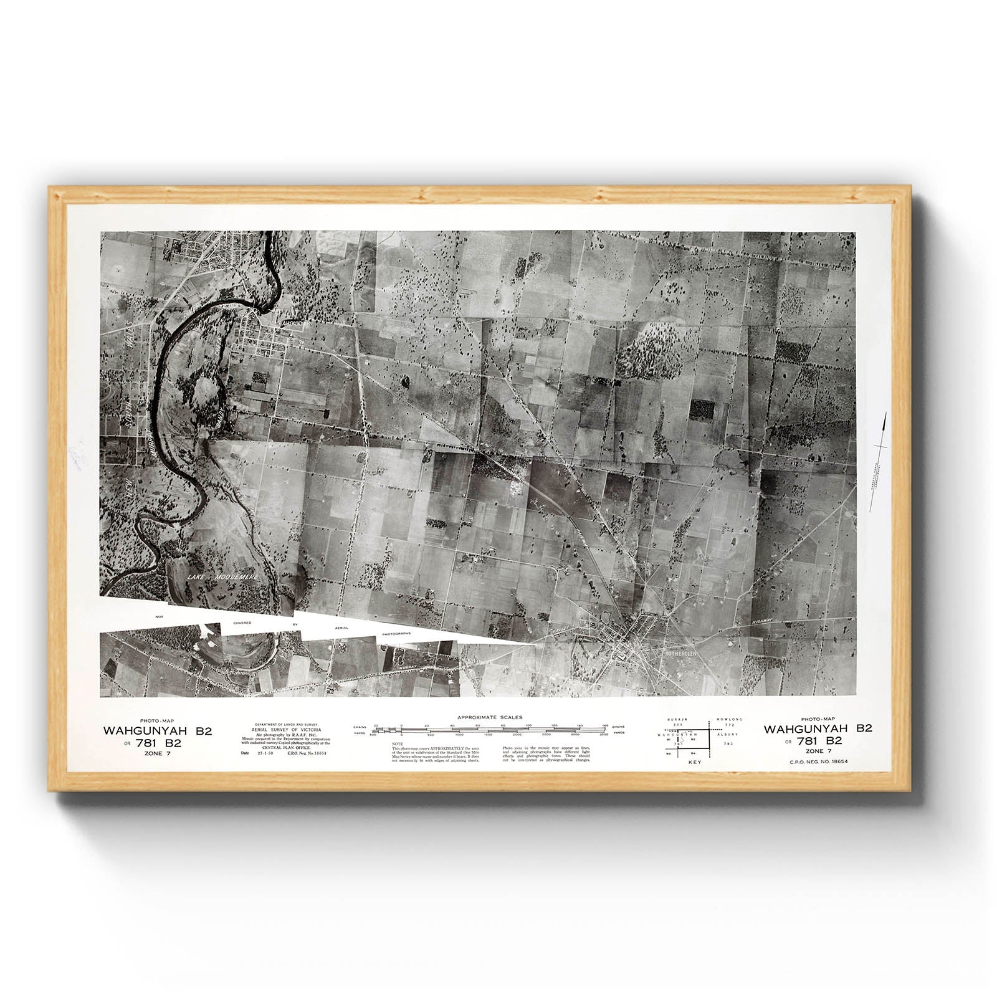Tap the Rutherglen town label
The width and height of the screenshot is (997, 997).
coord(684,655)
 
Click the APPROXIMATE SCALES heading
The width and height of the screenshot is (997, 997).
coord(490,718)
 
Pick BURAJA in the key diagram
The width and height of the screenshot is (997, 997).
coord(677,718)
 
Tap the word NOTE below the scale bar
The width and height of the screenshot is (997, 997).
coord(398,744)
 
